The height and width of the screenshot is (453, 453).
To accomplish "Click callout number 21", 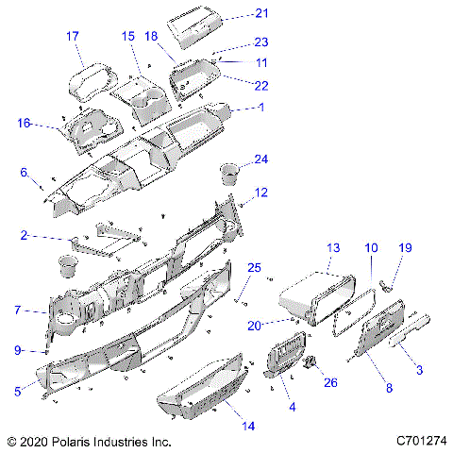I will click(x=261, y=12).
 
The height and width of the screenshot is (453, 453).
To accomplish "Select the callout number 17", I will click(x=72, y=36).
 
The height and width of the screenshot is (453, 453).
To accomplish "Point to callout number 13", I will click(x=332, y=247).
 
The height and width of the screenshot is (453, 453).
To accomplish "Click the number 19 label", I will click(x=405, y=247).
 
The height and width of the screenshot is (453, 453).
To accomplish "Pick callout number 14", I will click(x=248, y=426).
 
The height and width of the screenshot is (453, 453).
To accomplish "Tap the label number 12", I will click(x=261, y=193).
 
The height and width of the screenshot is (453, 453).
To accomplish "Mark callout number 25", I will click(x=253, y=269).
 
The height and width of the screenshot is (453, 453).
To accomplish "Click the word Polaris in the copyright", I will click(x=76, y=441).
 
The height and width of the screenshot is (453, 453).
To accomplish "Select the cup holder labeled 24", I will click(x=229, y=175).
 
